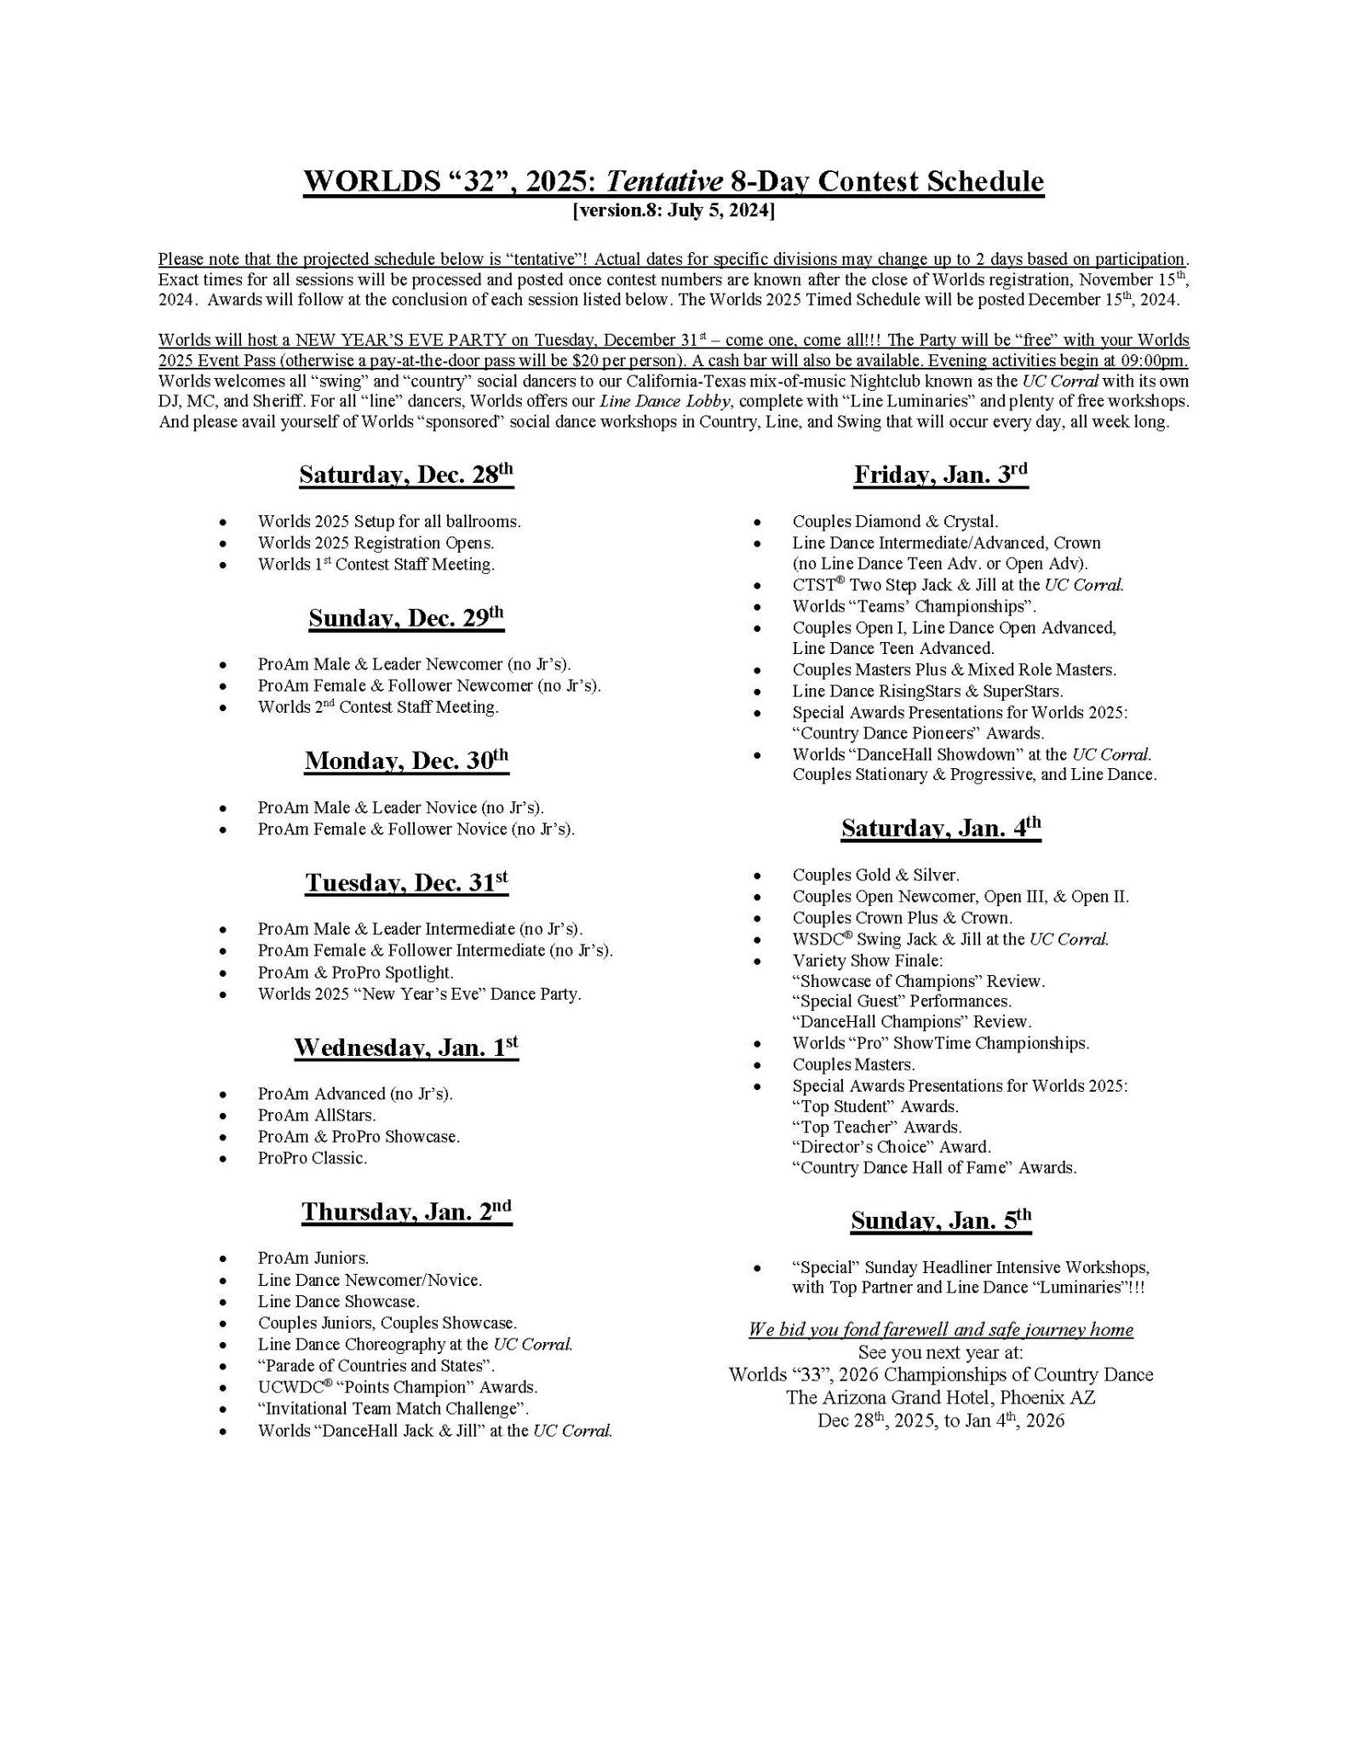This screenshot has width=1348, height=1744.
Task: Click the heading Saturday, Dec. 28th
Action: (x=406, y=474)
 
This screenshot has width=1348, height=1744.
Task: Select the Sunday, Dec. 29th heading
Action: (x=406, y=617)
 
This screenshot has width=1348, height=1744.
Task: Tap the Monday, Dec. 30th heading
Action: (x=406, y=760)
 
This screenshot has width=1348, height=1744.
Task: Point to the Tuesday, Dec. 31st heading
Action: (x=406, y=882)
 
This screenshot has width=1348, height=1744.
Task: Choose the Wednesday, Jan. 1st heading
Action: (x=406, y=1047)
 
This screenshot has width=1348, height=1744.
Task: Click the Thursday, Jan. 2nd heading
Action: (x=406, y=1211)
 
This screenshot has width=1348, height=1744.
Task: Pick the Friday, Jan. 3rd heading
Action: (x=941, y=474)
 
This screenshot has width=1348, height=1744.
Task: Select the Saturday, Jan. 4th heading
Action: (x=941, y=828)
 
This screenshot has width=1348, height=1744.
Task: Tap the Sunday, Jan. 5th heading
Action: (x=941, y=1220)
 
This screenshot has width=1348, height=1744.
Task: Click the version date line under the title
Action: (x=674, y=210)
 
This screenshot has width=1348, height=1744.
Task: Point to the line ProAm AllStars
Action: (x=317, y=1115)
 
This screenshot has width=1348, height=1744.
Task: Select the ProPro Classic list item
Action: (x=313, y=1158)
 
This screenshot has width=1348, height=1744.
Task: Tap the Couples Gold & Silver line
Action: (x=875, y=875)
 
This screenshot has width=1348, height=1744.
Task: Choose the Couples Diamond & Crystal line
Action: (x=895, y=521)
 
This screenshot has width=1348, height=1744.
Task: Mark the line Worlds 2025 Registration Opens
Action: (x=376, y=542)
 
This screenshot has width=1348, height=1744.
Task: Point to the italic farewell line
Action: (x=941, y=1330)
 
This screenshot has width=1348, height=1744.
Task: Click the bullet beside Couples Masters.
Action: (x=757, y=1065)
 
